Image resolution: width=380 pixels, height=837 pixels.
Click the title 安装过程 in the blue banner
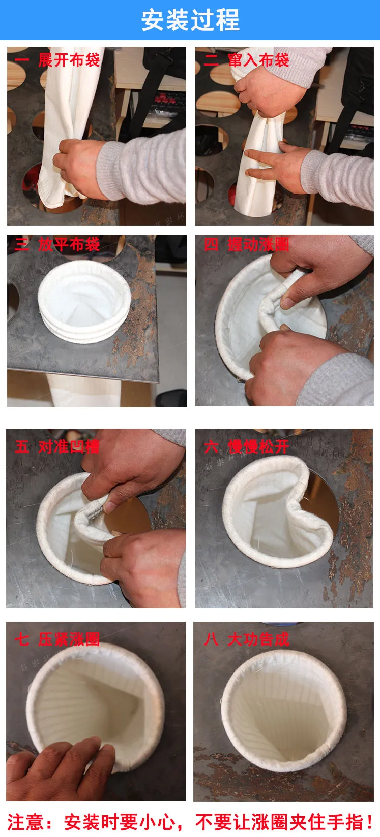190,20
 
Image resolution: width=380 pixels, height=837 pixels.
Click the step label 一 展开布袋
57,60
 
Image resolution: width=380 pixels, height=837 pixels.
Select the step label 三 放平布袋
57,245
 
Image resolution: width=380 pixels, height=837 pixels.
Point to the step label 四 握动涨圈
247,245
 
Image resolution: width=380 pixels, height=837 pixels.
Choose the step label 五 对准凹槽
57,447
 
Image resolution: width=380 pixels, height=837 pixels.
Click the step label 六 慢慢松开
247,447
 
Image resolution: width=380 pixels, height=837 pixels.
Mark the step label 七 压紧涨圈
57,639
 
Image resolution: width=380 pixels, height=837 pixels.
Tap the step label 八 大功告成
247,639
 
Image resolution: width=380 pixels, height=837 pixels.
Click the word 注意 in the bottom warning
23,822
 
